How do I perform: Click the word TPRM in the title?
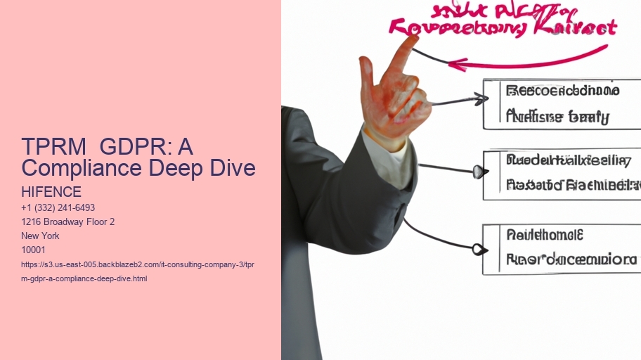click(x=52, y=148)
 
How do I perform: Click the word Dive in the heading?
click(x=233, y=168)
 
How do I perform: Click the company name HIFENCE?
click(x=51, y=192)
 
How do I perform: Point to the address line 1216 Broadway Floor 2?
click(x=68, y=222)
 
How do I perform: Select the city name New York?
click(x=41, y=236)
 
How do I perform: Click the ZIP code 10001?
click(x=34, y=250)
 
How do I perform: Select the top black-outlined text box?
click(x=560, y=104)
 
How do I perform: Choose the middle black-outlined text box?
click(x=562, y=174)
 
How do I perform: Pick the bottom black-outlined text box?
click(x=560, y=248)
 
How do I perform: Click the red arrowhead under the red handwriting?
click(x=455, y=65)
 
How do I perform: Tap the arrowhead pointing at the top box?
click(x=479, y=99)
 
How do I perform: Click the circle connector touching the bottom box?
click(x=478, y=249)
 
